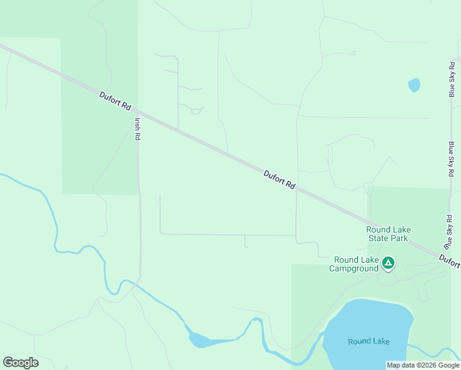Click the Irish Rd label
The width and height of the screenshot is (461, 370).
pyautogui.click(x=137, y=129)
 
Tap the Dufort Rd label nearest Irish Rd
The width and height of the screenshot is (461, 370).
pyautogui.click(x=116, y=101)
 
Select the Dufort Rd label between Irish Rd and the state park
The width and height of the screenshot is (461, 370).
pyautogui.click(x=280, y=180)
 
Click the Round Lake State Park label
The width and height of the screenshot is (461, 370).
pyautogui.click(x=388, y=234)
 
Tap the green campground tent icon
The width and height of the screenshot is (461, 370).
pyautogui.click(x=388, y=263)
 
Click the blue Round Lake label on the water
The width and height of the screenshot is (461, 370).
pyautogui.click(x=369, y=341)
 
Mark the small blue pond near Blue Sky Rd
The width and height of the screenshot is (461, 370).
pyautogui.click(x=414, y=84)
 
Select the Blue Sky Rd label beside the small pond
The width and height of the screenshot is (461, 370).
pyautogui.click(x=452, y=79)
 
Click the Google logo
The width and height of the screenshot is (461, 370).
pyautogui.click(x=20, y=362)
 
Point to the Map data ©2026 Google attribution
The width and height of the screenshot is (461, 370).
pyautogui.click(x=423, y=365)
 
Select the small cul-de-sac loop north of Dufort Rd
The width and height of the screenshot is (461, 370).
pyautogui.click(x=196, y=112)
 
